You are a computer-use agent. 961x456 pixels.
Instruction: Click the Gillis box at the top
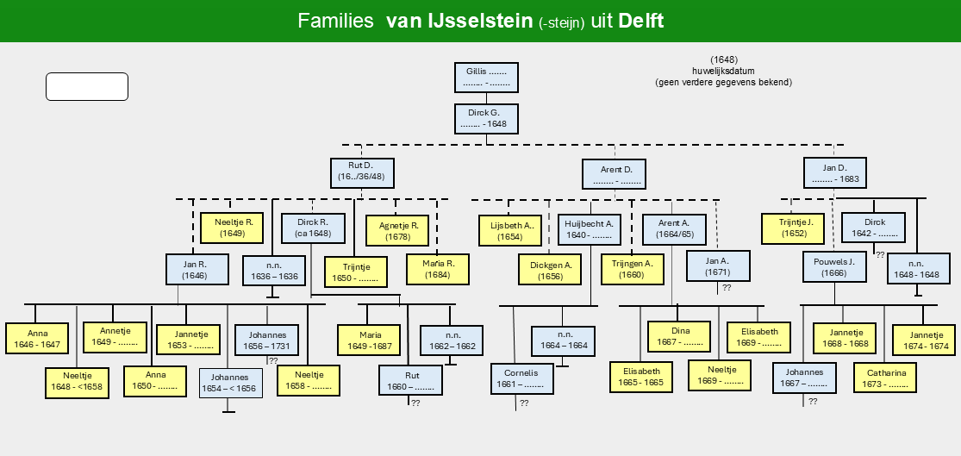[487, 78]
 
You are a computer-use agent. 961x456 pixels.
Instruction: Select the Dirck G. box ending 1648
[487, 119]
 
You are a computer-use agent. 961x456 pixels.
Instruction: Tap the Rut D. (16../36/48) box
[362, 173]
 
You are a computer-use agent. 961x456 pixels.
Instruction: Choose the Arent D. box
[615, 173]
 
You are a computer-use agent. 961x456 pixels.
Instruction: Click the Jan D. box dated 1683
[835, 173]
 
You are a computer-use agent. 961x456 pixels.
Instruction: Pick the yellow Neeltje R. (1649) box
[231, 228]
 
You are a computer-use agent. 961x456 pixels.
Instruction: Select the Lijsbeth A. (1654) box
[510, 230]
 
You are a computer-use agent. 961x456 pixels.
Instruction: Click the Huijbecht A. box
[590, 228]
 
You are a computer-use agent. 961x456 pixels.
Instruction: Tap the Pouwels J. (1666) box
[835, 266]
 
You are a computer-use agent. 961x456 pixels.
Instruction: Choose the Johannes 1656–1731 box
[266, 340]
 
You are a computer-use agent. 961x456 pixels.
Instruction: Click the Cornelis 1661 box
[522, 378]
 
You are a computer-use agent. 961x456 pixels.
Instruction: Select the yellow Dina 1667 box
[679, 336]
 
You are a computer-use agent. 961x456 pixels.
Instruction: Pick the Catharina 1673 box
[885, 378]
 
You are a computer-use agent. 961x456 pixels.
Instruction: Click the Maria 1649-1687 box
[369, 340]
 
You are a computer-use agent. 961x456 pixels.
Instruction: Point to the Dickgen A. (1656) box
[550, 270]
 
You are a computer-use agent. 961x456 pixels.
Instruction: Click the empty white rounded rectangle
[87, 86]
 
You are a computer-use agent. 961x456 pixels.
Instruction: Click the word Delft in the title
[641, 21]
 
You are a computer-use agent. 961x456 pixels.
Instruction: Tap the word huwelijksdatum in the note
[723, 71]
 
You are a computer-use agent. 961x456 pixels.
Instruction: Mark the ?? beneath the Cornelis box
[524, 403]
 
